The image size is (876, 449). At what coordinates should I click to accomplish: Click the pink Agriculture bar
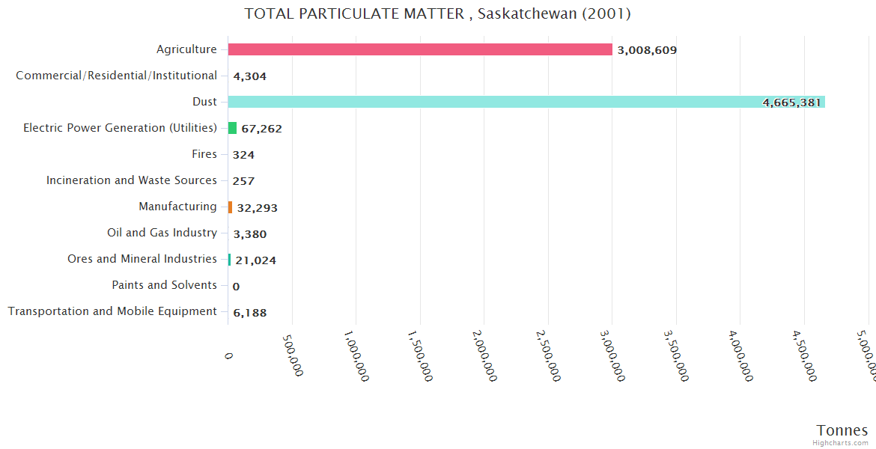point(420,49)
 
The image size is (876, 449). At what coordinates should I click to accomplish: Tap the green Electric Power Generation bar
point(232,128)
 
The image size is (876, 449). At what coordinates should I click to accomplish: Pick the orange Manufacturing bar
point(230,207)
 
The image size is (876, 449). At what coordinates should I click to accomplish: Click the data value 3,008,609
point(647,50)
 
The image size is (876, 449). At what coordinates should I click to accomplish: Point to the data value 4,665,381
point(791,103)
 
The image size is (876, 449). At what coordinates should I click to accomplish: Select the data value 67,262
point(261,129)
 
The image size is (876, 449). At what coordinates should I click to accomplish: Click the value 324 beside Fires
point(243,155)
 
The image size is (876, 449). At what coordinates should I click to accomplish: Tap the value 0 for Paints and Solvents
point(236,287)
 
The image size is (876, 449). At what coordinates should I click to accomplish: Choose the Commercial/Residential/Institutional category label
point(116,76)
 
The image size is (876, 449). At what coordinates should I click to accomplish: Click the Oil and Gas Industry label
point(162,233)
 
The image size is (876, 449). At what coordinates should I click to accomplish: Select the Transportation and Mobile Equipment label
point(112,311)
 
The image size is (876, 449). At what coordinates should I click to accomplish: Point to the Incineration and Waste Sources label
point(132,180)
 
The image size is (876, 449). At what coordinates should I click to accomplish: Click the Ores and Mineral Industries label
point(142,259)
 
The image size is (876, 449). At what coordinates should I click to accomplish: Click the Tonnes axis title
point(842,430)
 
